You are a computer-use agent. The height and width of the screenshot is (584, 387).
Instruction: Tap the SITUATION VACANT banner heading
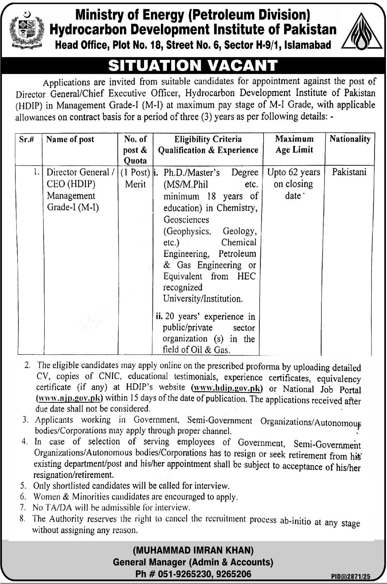(x=193, y=66)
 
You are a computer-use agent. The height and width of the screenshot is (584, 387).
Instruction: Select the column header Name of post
(x=70, y=140)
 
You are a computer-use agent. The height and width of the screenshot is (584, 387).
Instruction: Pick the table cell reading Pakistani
(x=349, y=172)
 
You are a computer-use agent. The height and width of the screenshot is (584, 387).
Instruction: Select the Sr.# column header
(x=26, y=140)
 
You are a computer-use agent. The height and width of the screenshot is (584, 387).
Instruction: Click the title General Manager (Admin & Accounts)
(x=193, y=562)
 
